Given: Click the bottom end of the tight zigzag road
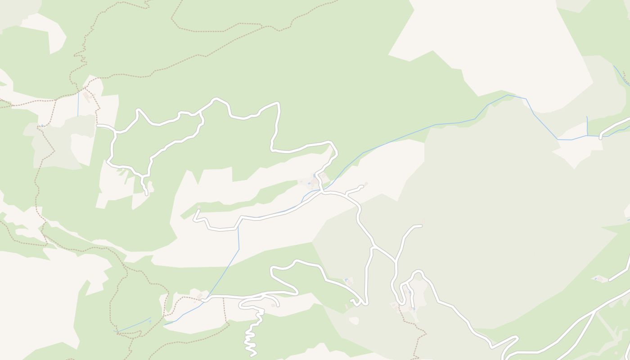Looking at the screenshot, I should pos(251,355).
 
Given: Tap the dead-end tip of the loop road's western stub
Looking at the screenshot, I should pos(98,126).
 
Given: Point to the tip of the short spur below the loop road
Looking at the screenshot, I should pos(146,194).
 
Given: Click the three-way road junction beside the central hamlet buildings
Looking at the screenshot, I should pos(322,192).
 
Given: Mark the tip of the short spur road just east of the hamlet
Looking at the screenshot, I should pos(361,186).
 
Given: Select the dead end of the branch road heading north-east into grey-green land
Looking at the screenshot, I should pos(421,226).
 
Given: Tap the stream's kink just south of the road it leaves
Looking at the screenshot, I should pos(238,248).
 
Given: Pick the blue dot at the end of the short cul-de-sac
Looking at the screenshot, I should pos(413,308).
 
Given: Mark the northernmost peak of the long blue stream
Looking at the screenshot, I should pos(508,95).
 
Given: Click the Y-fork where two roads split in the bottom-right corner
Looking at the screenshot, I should pos(596,310).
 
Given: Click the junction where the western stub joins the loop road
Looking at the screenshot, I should pos(117,132).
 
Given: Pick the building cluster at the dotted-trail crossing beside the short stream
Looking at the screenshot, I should pos(89,95).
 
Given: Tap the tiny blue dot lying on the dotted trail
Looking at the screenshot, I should pos(42,126).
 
